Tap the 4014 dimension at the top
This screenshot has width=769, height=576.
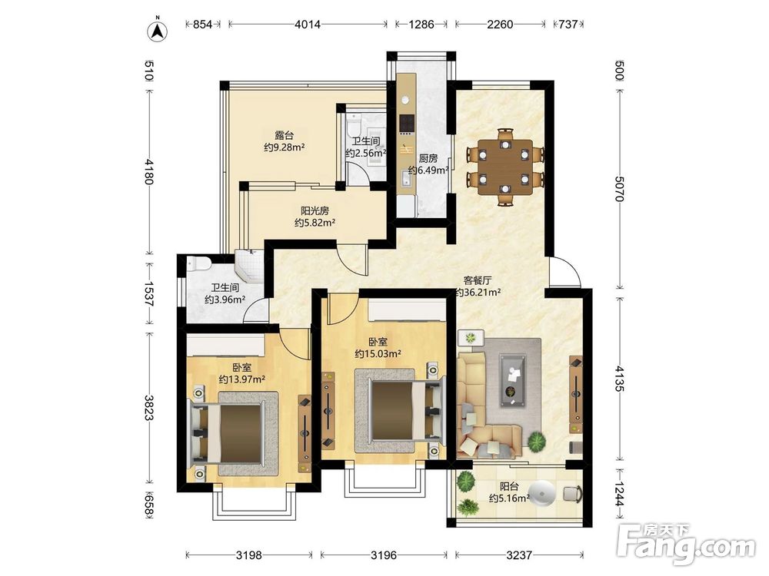pyautogui.click(x=308, y=24)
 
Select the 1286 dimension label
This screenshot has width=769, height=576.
pyautogui.click(x=421, y=24)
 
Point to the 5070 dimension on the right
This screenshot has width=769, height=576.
pyautogui.click(x=619, y=188)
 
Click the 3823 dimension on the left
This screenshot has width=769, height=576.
pyautogui.click(x=149, y=408)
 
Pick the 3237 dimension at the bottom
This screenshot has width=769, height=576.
pyautogui.click(x=519, y=555)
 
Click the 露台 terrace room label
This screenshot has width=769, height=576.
pyautogui.click(x=284, y=135)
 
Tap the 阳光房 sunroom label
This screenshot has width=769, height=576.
pyautogui.click(x=315, y=211)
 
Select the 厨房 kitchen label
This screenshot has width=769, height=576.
pyautogui.click(x=428, y=158)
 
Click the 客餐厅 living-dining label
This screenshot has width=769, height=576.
pyautogui.click(x=478, y=280)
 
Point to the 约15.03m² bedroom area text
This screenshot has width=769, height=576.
pyautogui.click(x=378, y=353)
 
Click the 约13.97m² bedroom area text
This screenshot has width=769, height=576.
pyautogui.click(x=241, y=379)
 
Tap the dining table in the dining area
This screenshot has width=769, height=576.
pyautogui.click(x=505, y=167)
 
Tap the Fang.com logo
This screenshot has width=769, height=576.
pyautogui.click(x=686, y=543)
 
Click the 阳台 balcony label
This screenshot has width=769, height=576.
pyautogui.click(x=509, y=486)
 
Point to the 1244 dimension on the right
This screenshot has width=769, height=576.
pyautogui.click(x=619, y=494)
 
